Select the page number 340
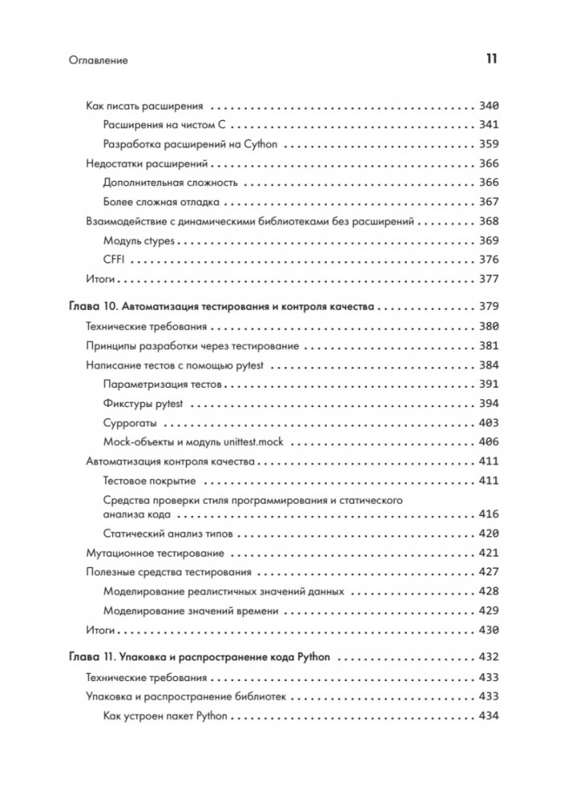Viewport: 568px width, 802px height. click(x=488, y=105)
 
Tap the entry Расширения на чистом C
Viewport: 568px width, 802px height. click(x=167, y=125)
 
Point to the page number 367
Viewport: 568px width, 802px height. click(x=488, y=202)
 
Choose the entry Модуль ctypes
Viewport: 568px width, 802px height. click(x=139, y=240)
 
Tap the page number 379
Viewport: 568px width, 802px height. click(x=488, y=306)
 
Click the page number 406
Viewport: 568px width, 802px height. click(x=488, y=441)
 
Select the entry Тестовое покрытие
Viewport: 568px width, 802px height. click(x=150, y=481)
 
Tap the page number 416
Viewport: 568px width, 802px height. click(x=488, y=514)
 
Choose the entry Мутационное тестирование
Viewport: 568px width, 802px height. click(x=155, y=553)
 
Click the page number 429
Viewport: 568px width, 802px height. click(x=488, y=611)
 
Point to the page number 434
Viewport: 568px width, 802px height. click(x=488, y=715)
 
